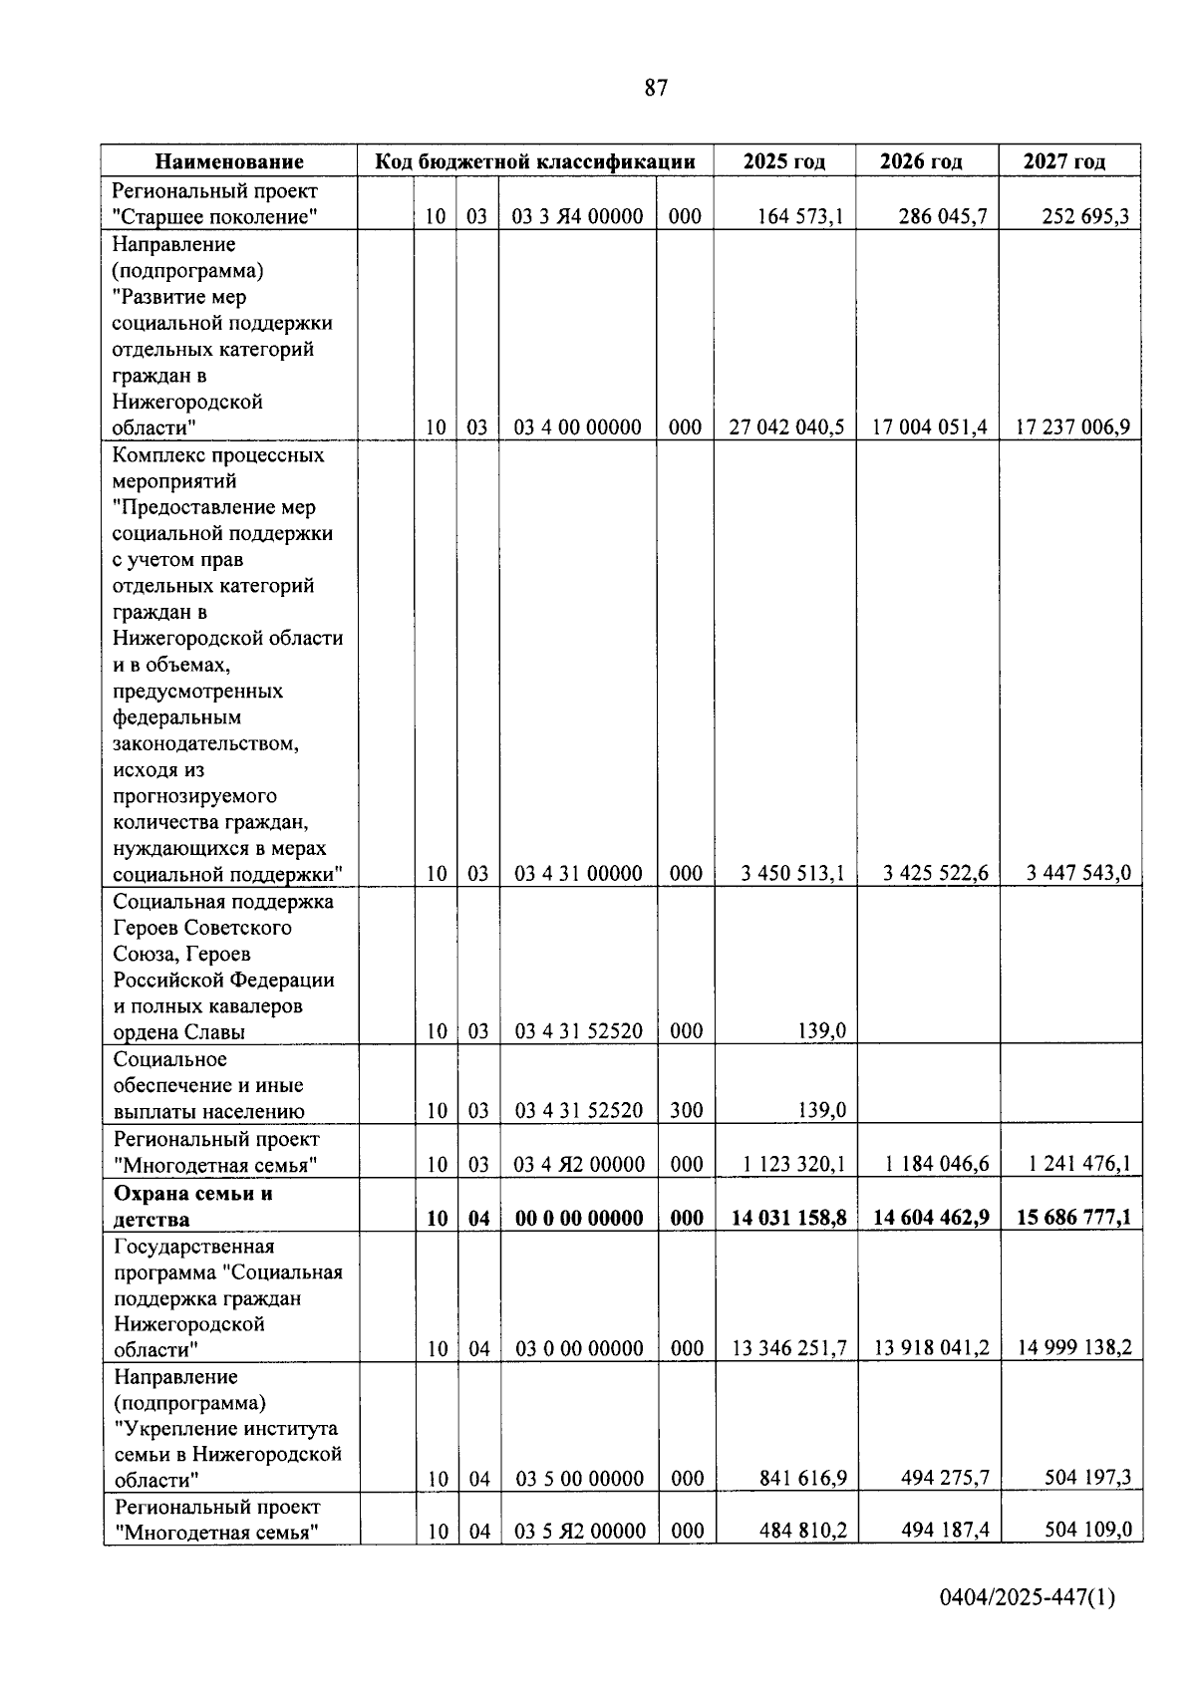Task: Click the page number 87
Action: (656, 89)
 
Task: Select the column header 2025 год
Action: (784, 161)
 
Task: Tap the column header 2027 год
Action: (1064, 161)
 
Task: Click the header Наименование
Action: (229, 161)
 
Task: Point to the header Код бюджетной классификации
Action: (534, 161)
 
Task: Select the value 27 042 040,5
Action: (786, 427)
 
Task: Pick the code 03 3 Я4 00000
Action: (577, 216)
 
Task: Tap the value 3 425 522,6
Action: (935, 874)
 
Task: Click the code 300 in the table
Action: (686, 1110)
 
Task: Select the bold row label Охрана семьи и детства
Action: (192, 1206)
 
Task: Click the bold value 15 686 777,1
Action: (1073, 1218)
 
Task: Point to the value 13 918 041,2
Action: (931, 1348)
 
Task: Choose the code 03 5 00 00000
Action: (579, 1479)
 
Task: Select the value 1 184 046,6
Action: (935, 1164)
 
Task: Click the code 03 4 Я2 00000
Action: (578, 1164)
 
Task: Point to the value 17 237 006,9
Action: (1072, 427)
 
